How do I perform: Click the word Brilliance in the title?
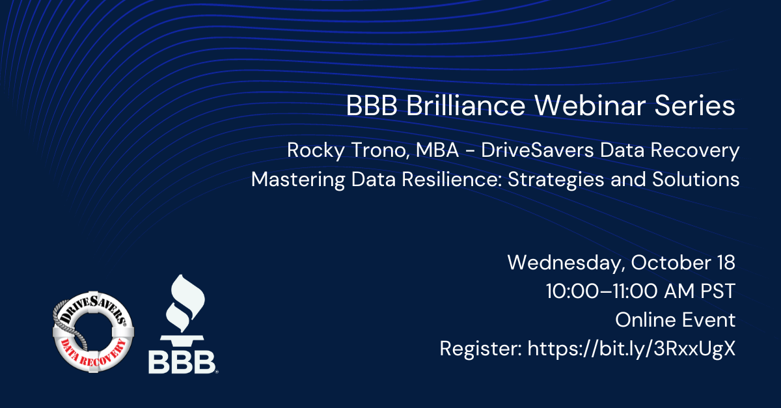pyautogui.click(x=466, y=105)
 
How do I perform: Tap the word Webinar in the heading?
pyautogui.click(x=590, y=105)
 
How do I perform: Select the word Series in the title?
pyautogui.click(x=695, y=105)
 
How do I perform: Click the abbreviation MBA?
pyautogui.click(x=437, y=150)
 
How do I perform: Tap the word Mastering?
pyautogui.click(x=298, y=180)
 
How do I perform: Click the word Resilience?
pyautogui.click(x=452, y=179)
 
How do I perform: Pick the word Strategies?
pyautogui.click(x=556, y=180)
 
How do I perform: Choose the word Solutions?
pyautogui.click(x=696, y=179)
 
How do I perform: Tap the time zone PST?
pyautogui.click(x=718, y=291)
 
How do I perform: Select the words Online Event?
pyautogui.click(x=676, y=320)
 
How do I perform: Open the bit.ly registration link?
pyautogui.click(x=631, y=349)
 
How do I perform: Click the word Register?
pyautogui.click(x=481, y=349)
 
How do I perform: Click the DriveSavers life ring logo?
pyautogui.click(x=93, y=332)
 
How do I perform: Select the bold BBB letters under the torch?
pyautogui.click(x=182, y=362)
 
